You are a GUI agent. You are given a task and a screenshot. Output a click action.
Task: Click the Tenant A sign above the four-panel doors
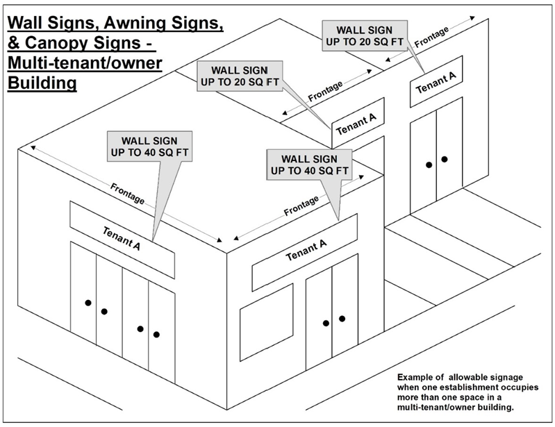pyautogui.click(x=122, y=236)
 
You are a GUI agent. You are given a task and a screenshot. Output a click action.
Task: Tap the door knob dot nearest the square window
pyautogui.click(x=325, y=323)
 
